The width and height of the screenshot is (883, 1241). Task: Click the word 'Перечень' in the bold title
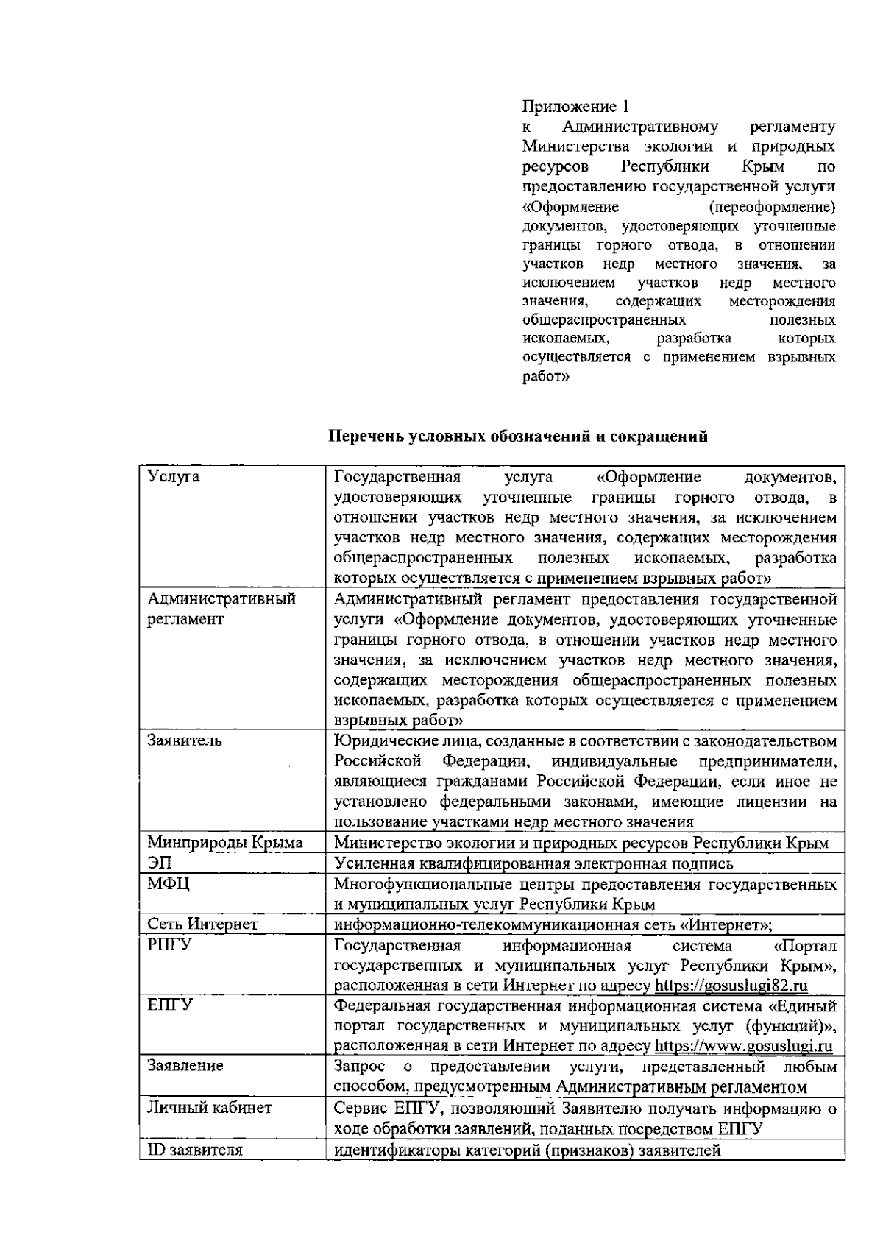pos(366,436)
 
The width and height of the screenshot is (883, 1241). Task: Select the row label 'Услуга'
pos(174,477)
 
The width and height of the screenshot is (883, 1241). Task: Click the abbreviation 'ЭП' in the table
pos(160,863)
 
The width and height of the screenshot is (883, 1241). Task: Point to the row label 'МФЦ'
pos(168,883)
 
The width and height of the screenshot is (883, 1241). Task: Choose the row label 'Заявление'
pos(185,1067)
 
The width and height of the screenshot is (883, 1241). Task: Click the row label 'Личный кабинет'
pos(210,1108)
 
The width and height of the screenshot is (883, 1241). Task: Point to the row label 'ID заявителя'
pos(195,1150)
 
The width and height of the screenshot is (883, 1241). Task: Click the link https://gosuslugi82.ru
pos(731,986)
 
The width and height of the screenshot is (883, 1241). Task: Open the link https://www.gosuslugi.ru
pos(743,1046)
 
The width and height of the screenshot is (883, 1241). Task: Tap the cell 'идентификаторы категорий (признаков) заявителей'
pos(527,1150)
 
